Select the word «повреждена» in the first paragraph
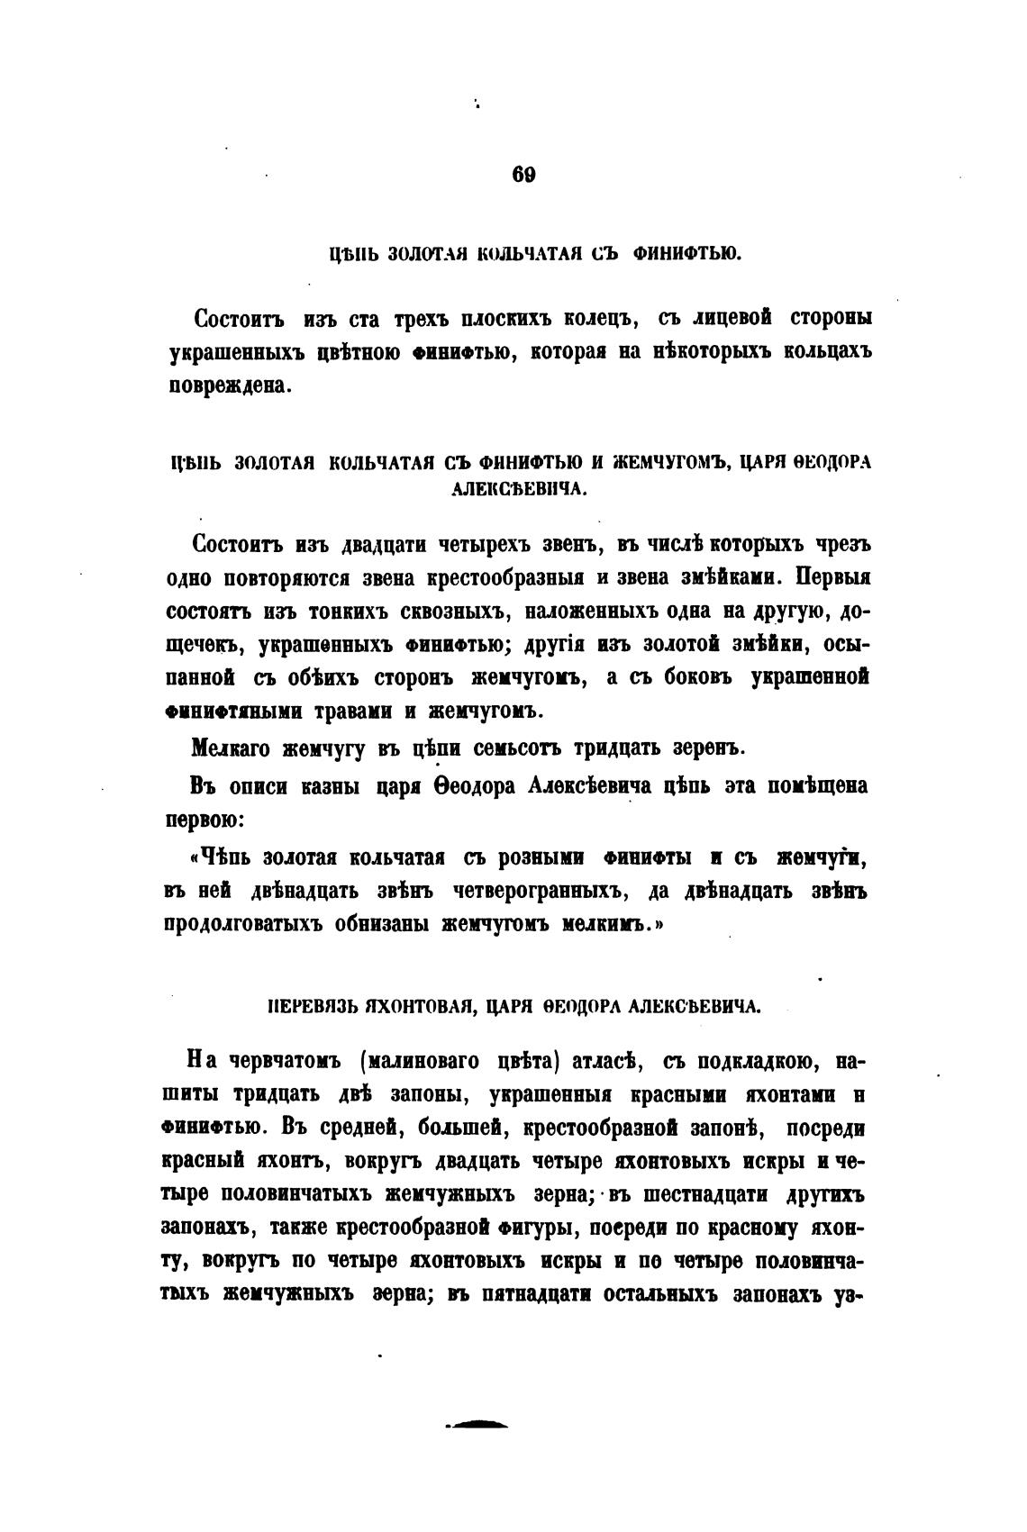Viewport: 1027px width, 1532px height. (x=229, y=385)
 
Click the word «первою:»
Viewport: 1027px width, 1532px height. (x=204, y=820)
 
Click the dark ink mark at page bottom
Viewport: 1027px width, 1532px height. (x=477, y=1424)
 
